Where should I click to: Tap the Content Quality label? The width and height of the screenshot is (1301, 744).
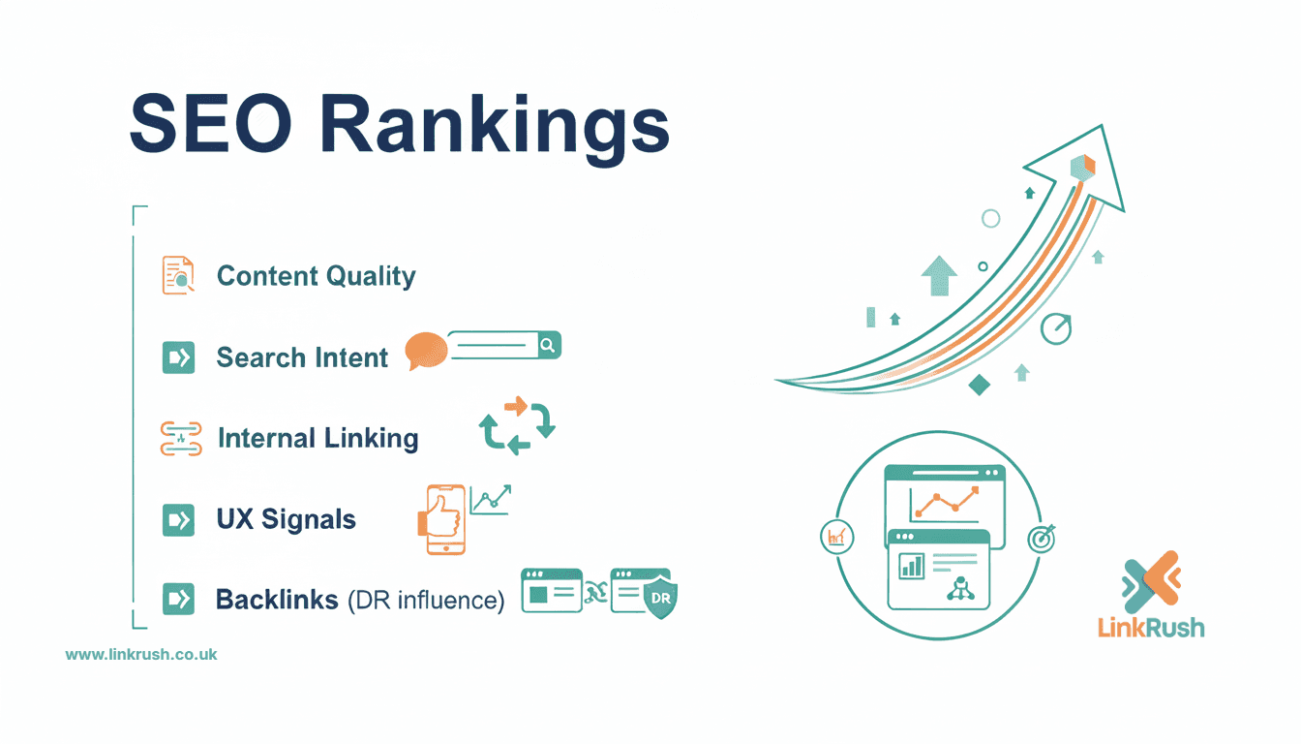click(x=316, y=276)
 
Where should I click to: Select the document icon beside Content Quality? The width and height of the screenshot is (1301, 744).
click(x=178, y=275)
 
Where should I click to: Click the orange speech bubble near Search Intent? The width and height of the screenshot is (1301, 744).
click(x=426, y=350)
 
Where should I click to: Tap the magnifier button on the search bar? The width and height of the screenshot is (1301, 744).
click(x=548, y=345)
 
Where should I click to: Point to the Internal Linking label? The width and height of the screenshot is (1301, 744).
click(x=318, y=438)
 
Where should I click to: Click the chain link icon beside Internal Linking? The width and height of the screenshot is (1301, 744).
click(x=180, y=438)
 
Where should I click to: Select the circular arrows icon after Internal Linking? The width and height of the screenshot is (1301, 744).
click(x=518, y=425)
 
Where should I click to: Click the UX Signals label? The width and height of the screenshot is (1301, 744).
click(x=287, y=519)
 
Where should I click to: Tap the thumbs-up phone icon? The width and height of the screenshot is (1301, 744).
click(x=443, y=520)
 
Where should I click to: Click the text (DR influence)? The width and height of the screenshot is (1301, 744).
click(x=426, y=601)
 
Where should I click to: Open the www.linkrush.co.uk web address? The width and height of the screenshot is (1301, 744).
click(x=141, y=654)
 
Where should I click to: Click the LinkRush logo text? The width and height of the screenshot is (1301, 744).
click(x=1151, y=627)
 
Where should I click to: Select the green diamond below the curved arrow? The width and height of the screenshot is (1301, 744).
click(x=980, y=385)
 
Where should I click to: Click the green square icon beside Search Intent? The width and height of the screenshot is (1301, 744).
click(x=178, y=357)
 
